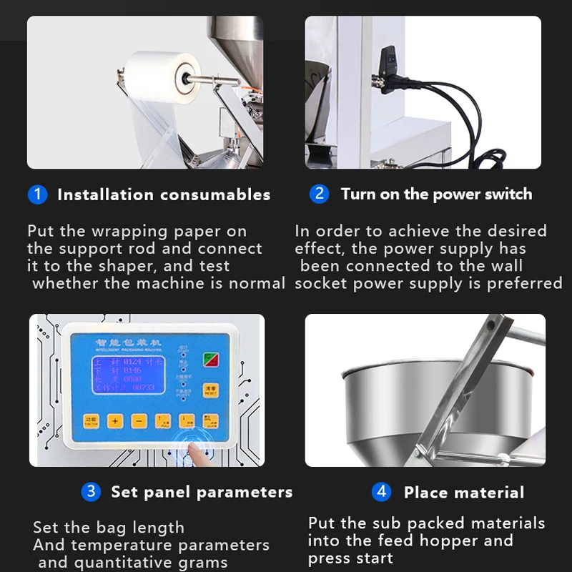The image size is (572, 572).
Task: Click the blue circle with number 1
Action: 37,194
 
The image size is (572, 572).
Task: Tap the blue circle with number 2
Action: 319,194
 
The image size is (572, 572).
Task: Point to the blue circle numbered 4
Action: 381,492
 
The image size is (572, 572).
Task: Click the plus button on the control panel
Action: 114,421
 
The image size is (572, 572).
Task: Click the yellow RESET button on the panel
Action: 209,390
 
